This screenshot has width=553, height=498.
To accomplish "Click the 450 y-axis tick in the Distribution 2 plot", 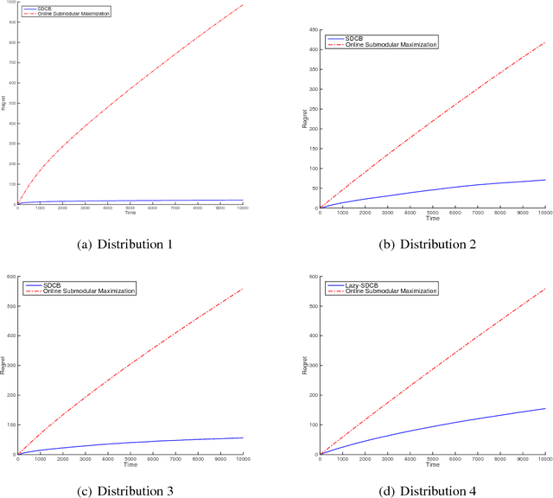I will (313, 30).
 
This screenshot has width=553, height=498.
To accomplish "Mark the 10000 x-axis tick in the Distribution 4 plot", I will (543, 460).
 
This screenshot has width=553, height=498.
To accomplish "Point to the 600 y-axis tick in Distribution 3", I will (11, 278).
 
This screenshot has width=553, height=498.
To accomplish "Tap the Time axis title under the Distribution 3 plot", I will (130, 465).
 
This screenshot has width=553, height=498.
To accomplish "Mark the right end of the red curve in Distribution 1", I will (243, 5).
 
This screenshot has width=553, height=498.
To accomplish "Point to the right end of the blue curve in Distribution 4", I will (544, 409).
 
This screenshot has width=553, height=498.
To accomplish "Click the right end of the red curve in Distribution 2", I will (544, 42).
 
